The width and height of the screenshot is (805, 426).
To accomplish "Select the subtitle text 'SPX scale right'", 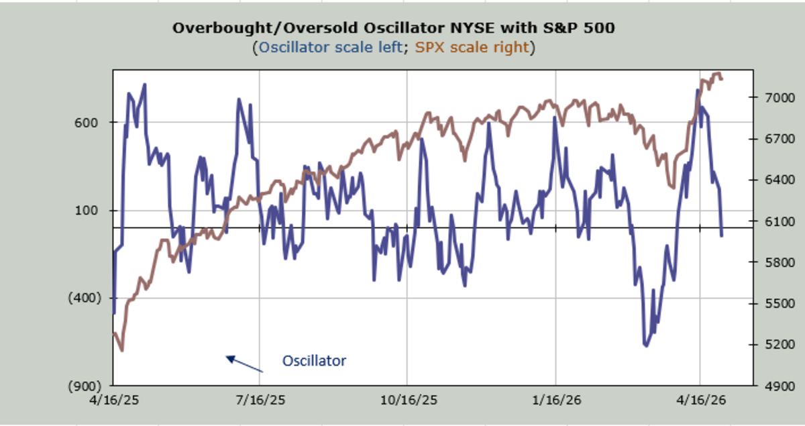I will click(472, 48).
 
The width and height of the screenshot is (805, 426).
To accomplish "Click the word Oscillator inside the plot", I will click(314, 361).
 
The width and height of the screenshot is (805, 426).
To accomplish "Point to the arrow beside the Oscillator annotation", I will click(244, 364).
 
